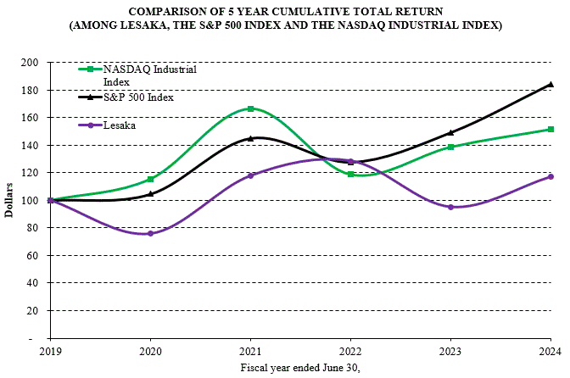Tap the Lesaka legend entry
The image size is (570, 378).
[x=119, y=125]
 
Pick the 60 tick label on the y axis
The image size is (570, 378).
[x=34, y=256]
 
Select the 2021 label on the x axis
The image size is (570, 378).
[x=250, y=350]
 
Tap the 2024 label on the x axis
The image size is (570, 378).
[x=550, y=350]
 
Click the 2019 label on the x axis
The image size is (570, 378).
[x=50, y=350]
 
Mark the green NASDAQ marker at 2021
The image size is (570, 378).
[x=250, y=108]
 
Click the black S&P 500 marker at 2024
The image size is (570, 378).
[x=550, y=85]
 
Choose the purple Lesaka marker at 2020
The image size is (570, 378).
[x=150, y=233]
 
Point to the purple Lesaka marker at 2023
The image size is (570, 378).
[x=450, y=207]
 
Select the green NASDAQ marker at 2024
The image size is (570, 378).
[x=550, y=130]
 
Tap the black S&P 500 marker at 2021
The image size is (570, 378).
[x=250, y=138]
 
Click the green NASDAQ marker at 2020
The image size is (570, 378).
[x=150, y=180]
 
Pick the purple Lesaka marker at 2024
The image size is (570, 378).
[x=550, y=176]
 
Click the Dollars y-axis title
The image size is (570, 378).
[x=9, y=200]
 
